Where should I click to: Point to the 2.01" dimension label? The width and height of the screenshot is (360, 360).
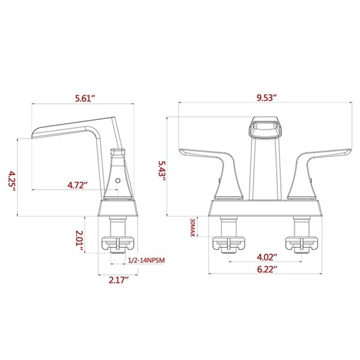(85, 237)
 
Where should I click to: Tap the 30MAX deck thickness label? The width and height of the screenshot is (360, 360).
(193, 229)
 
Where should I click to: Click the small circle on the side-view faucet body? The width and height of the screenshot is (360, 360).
(118, 179)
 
